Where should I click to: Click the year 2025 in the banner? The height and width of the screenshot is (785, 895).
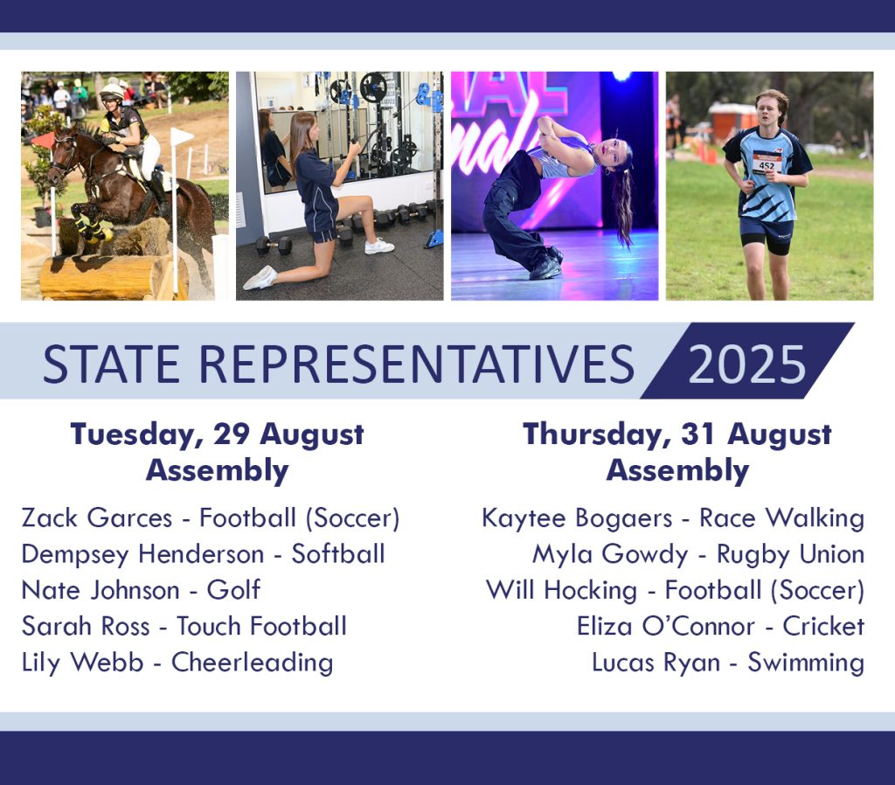[x=746, y=365]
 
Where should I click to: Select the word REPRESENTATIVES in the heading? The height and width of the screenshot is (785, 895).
[x=417, y=365]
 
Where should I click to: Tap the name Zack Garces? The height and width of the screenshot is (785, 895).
[x=96, y=518]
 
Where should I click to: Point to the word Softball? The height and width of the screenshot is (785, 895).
[x=338, y=553]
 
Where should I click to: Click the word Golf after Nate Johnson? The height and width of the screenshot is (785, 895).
[x=233, y=590]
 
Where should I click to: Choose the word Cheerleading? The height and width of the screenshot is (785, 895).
[x=253, y=663]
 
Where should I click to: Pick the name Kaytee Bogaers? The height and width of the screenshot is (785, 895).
[x=577, y=518]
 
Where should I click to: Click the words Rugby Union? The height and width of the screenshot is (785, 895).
[x=790, y=554]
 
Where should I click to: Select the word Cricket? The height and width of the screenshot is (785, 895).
[x=823, y=626]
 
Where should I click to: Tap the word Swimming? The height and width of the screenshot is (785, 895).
[x=806, y=663]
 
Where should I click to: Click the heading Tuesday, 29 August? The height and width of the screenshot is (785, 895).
[x=217, y=434]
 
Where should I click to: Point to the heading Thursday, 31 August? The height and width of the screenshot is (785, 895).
[x=677, y=434]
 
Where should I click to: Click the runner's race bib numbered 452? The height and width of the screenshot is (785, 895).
[x=767, y=163]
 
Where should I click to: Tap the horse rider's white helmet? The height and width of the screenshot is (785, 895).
[x=111, y=92]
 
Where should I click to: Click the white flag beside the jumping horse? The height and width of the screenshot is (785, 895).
[x=182, y=137]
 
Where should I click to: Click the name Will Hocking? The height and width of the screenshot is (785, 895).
[x=562, y=590]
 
